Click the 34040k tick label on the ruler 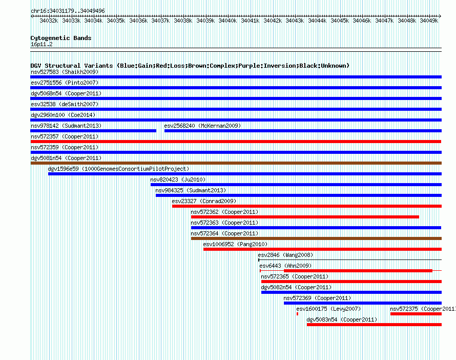[x=227, y=21]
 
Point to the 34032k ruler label [x=49, y=21]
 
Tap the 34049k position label [x=429, y=21]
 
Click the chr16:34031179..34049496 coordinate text [x=68, y=11]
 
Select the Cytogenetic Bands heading [x=61, y=38]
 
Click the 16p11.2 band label [x=42, y=44]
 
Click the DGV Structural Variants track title [x=190, y=66]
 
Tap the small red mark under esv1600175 [x=297, y=314]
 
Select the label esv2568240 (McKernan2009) [x=202, y=126]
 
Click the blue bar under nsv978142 [x=93, y=131]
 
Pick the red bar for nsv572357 [x=236, y=142]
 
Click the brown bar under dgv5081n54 [x=236, y=163]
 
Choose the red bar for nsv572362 [x=305, y=217]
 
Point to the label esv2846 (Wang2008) [x=285, y=255]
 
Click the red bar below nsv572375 [x=416, y=314]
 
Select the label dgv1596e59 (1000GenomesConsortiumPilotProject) [x=118, y=169]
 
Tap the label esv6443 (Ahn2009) [x=285, y=266]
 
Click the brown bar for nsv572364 [x=317, y=238]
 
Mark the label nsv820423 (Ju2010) [x=178, y=179]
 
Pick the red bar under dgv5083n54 [x=375, y=325]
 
